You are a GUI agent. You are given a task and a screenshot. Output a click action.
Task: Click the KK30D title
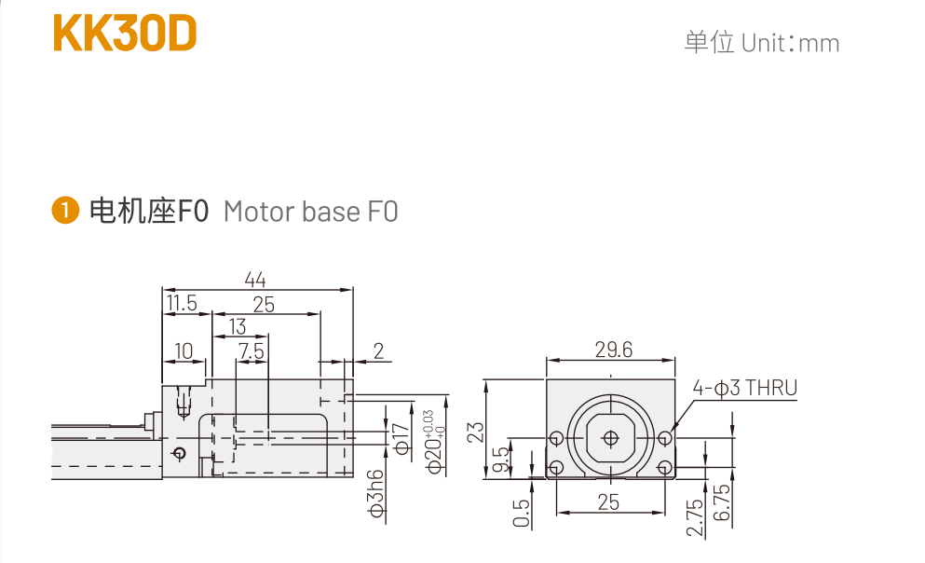[125, 34]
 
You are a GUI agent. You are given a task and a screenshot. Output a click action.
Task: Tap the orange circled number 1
[65, 212]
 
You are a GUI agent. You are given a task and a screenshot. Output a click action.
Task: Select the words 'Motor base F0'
[310, 212]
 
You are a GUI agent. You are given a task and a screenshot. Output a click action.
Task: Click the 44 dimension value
[255, 279]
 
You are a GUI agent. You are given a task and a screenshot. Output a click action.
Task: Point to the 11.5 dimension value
[182, 303]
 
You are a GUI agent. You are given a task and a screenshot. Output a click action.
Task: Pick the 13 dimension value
[238, 326]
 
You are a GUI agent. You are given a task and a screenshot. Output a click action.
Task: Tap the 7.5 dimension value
[252, 350]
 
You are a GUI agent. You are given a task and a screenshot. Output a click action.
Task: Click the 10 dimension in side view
[184, 350]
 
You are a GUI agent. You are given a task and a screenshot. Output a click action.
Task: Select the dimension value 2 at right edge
[378, 350]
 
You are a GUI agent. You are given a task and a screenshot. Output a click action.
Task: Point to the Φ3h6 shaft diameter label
[376, 492]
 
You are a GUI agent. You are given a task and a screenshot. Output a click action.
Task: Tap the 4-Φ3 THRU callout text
[744, 388]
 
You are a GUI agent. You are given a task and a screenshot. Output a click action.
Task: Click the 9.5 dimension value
[500, 459]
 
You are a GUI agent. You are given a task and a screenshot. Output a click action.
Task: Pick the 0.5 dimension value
[522, 512]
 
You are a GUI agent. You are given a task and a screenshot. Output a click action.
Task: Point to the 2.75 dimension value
[694, 515]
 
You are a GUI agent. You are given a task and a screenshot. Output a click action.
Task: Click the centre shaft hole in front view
[609, 437]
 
